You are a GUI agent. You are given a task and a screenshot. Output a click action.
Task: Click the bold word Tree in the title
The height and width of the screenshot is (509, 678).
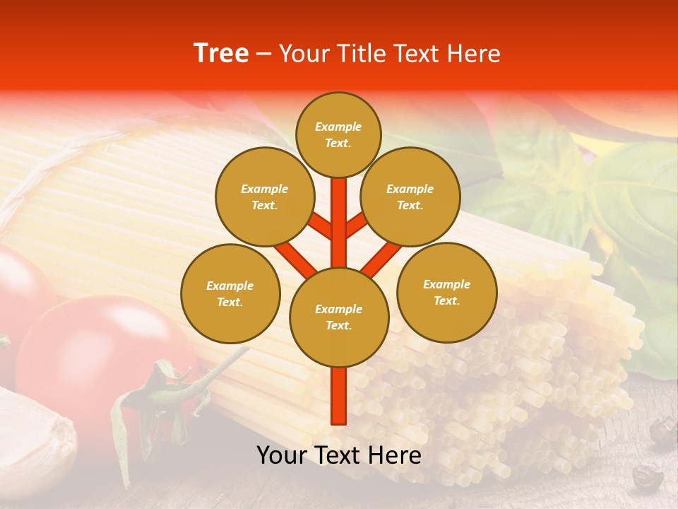[221, 54]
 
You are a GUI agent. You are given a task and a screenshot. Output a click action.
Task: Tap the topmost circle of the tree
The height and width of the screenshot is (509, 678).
[338, 134]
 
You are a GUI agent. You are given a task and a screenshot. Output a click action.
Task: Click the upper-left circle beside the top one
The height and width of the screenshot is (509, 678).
[264, 197]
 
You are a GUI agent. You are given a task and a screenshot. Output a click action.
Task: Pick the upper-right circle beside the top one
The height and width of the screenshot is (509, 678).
[410, 197]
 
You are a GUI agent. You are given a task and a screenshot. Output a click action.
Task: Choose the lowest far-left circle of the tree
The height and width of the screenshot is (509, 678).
[230, 293]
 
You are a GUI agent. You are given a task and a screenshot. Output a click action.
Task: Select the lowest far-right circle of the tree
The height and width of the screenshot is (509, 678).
[446, 292]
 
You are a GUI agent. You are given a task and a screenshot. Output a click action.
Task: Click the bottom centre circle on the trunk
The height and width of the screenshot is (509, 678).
[338, 317]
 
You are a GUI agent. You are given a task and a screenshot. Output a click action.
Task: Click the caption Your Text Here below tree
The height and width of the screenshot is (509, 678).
[338, 455]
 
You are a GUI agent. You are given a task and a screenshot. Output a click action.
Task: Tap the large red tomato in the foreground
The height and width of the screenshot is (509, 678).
[85, 353]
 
